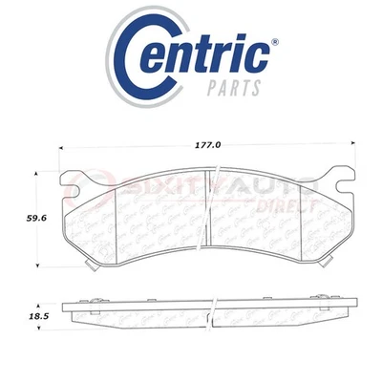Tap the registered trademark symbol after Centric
[275, 42]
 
